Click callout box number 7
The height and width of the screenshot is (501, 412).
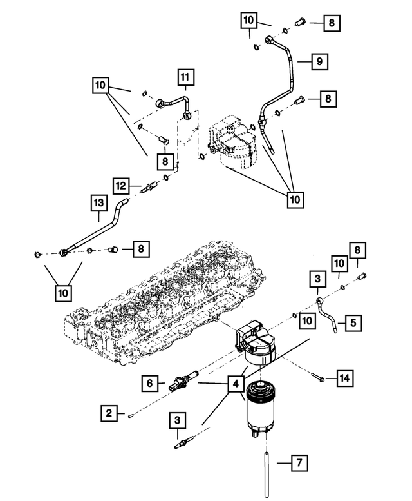point(297,462)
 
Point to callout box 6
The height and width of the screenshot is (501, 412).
point(150,383)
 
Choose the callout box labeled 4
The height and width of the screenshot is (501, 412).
point(236,385)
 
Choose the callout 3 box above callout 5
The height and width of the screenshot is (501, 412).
point(317,280)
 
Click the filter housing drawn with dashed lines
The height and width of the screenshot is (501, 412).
point(235,142)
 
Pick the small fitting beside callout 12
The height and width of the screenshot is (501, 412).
point(151,188)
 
